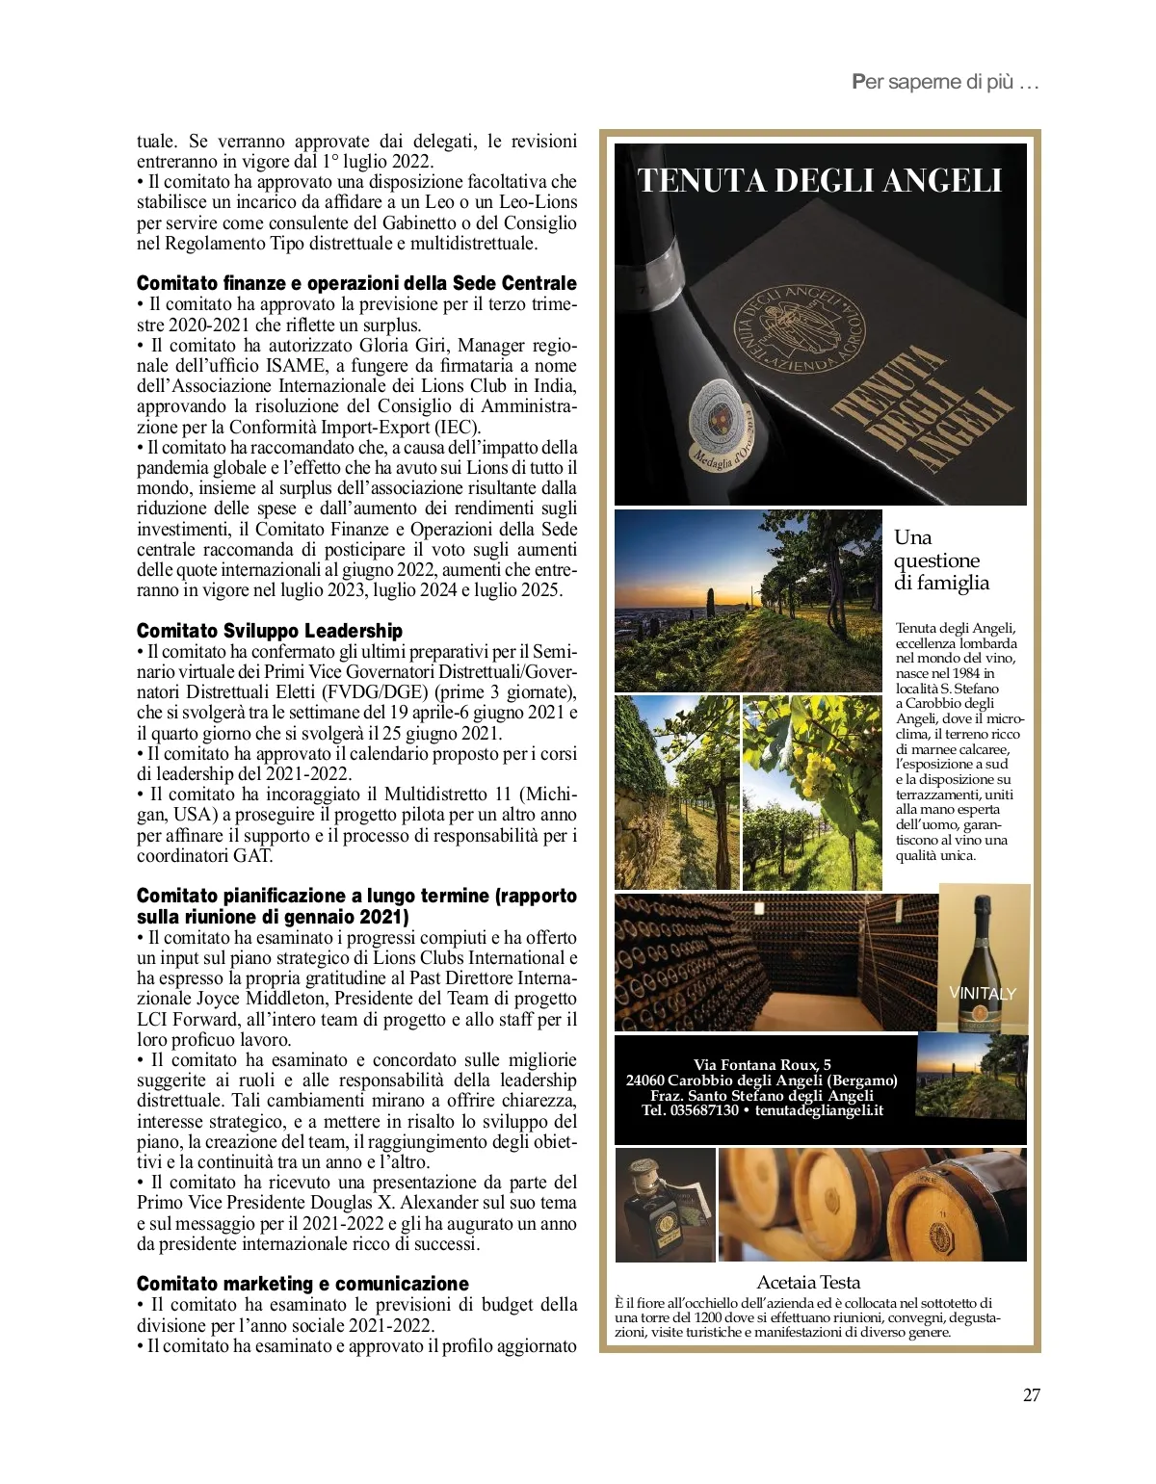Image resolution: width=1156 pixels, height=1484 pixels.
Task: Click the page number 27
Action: click(1031, 1395)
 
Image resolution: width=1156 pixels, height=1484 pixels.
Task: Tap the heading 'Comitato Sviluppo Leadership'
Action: click(270, 631)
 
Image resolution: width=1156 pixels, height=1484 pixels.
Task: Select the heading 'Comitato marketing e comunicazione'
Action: click(302, 1284)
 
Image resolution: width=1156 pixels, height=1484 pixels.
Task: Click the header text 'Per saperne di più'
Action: click(945, 82)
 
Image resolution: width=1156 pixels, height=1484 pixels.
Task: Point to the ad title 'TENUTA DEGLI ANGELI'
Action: click(820, 181)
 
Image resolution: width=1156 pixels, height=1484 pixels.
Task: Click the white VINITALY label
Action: click(982, 993)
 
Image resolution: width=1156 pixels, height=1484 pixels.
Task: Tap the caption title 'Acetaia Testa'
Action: click(808, 1282)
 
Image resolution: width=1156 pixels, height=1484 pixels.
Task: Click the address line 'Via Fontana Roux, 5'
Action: click(762, 1064)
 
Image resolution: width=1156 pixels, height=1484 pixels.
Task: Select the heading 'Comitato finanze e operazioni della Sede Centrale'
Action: click(356, 283)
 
